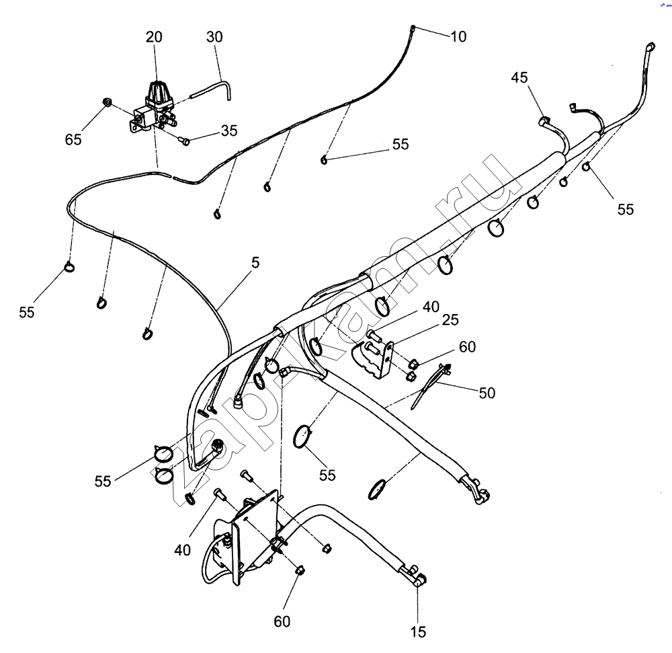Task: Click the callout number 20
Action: click(154, 38)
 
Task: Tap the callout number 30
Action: click(214, 38)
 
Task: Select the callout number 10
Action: click(458, 37)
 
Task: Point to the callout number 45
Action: click(519, 77)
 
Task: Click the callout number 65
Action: click(73, 139)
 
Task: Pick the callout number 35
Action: click(229, 130)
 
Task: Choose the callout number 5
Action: click(255, 262)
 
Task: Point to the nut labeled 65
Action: click(106, 103)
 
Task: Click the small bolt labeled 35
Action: click(185, 141)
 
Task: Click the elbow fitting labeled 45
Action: click(547, 124)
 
